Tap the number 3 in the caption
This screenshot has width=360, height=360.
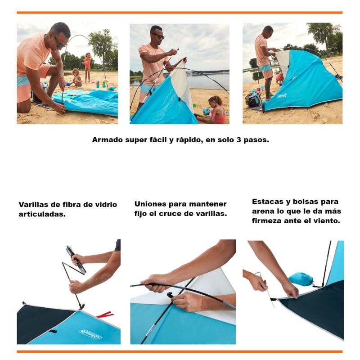(239, 139)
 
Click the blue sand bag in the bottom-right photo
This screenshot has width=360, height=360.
(301, 279)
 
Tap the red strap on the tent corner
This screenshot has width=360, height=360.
(105, 314)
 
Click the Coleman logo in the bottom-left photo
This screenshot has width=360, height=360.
(90, 334)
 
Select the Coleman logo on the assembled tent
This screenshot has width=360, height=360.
(282, 95)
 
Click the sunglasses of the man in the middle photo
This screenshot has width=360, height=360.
(158, 36)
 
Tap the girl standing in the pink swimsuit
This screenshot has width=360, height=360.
(87, 67)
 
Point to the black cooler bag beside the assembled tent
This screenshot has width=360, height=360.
(252, 99)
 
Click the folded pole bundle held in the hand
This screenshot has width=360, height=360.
(76, 260)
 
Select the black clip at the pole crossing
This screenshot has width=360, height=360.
(170, 295)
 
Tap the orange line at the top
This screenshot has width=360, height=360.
(180, 13)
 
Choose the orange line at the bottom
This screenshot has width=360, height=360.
(180, 351)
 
